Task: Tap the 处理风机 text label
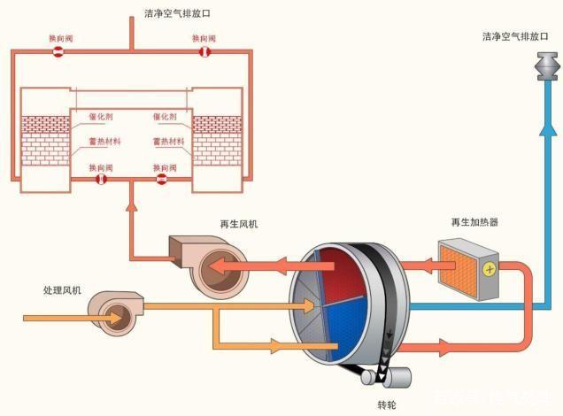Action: pos(61,289)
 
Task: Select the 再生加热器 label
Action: pos(474,221)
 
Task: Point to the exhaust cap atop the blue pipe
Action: pos(546,67)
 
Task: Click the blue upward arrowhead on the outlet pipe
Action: pos(546,130)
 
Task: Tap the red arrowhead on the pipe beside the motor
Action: pos(443,348)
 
